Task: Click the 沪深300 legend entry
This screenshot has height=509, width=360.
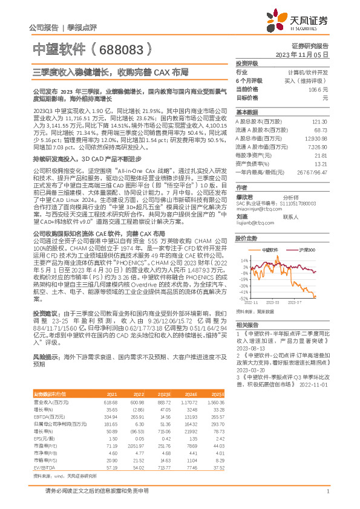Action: tap(306, 250)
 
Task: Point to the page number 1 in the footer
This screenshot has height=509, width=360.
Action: tap(327, 491)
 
